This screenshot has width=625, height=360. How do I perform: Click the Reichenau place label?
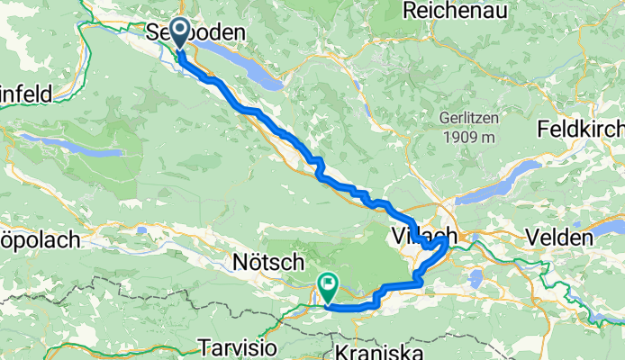tap(448, 11)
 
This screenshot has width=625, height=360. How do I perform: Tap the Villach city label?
tap(420, 237)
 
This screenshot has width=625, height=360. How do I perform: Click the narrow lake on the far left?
tap(72, 146)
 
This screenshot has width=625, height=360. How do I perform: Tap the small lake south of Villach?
tap(476, 278)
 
